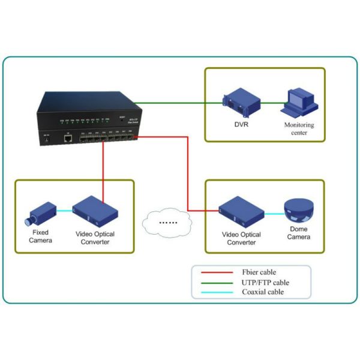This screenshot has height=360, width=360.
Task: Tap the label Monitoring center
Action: tap(299, 129)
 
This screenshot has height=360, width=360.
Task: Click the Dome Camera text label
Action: tap(298, 233)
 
